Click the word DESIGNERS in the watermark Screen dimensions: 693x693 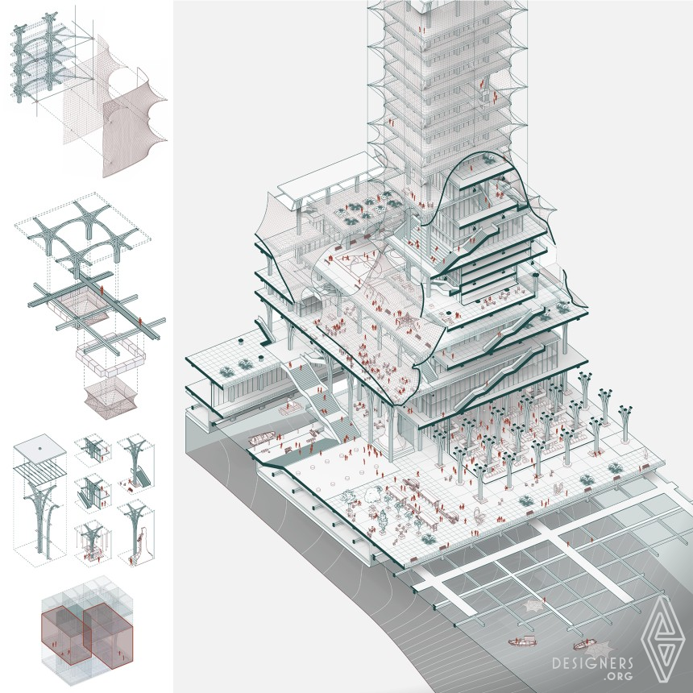point(592,664)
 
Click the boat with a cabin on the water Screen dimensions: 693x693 point(522,641)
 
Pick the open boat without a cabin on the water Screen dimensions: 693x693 point(583,645)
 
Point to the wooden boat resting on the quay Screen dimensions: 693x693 point(262,438)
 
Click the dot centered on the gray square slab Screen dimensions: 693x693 point(39,449)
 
